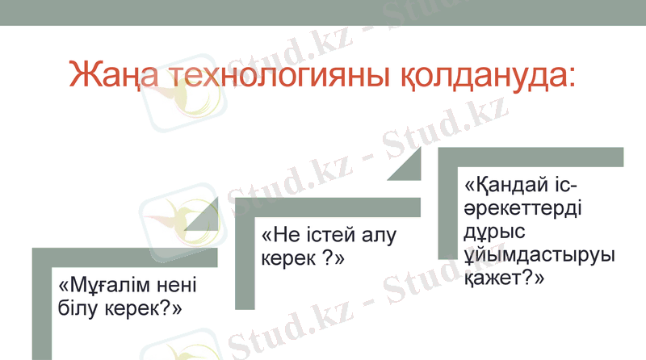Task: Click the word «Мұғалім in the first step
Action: click(102, 287)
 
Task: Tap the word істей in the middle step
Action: click(332, 236)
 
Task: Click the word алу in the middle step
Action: click(382, 236)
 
